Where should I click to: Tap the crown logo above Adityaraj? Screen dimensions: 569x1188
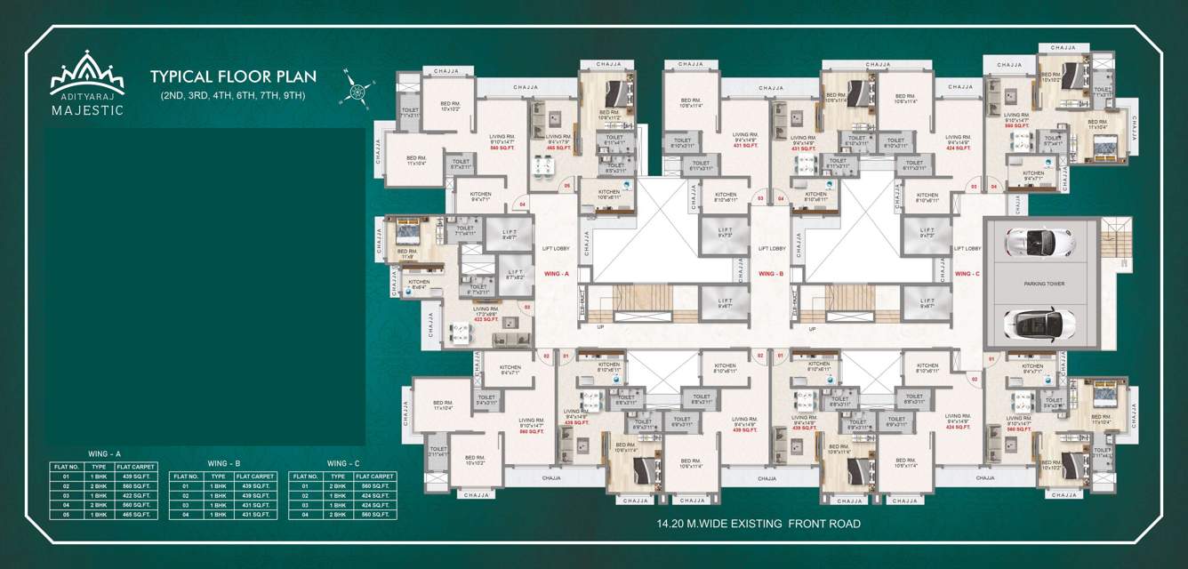[x=87, y=71]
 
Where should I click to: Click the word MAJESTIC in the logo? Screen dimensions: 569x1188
[x=87, y=110]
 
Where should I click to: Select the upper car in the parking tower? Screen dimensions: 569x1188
[x=1039, y=242]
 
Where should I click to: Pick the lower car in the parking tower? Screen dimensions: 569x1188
[x=1040, y=323]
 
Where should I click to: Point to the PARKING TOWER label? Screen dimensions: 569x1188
[x=1043, y=284]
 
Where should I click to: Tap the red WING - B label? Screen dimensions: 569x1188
[x=770, y=274]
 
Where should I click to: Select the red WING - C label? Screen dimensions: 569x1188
[x=967, y=274]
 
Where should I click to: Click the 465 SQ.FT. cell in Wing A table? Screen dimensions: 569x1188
[x=136, y=515]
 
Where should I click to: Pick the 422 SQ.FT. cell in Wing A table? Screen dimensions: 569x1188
[x=136, y=496]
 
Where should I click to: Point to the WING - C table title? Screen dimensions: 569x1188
[x=343, y=463]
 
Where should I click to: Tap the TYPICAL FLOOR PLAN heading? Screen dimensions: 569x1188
[x=233, y=76]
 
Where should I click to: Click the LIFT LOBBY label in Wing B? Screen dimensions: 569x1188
[x=770, y=249]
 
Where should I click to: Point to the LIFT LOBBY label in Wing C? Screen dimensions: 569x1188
[x=967, y=249]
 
